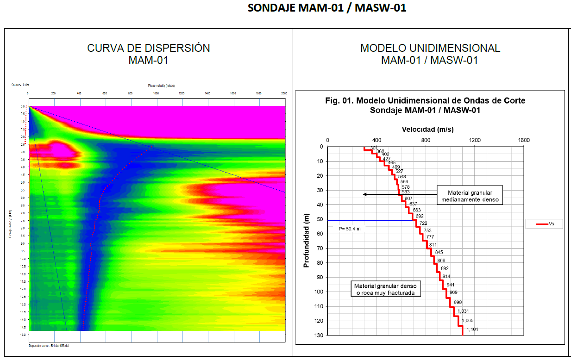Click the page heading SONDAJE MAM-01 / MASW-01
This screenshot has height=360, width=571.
click(x=327, y=8)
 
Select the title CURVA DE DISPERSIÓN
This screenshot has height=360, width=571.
click(x=149, y=48)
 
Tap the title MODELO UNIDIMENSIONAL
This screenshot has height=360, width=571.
click(x=430, y=48)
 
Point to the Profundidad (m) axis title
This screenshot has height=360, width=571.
click(x=306, y=241)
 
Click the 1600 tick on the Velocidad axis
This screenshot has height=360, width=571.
click(x=523, y=140)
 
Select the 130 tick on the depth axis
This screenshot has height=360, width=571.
click(x=319, y=335)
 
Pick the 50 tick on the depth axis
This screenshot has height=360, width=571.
click(x=320, y=219)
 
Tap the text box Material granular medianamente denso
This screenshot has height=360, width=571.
click(x=470, y=196)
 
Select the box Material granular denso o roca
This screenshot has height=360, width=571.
click(x=386, y=289)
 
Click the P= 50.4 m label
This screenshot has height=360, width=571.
click(x=350, y=229)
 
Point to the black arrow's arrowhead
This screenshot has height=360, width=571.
click(x=365, y=194)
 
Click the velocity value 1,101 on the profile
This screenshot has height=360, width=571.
click(x=472, y=329)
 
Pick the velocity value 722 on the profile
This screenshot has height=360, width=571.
click(x=423, y=223)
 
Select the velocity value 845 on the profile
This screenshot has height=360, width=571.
click(x=439, y=252)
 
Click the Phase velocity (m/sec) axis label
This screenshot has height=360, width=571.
click(x=162, y=86)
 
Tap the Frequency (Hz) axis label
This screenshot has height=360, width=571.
click(x=10, y=223)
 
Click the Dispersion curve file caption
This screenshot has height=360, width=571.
click(x=49, y=345)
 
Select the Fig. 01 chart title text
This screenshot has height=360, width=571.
click(x=425, y=105)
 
